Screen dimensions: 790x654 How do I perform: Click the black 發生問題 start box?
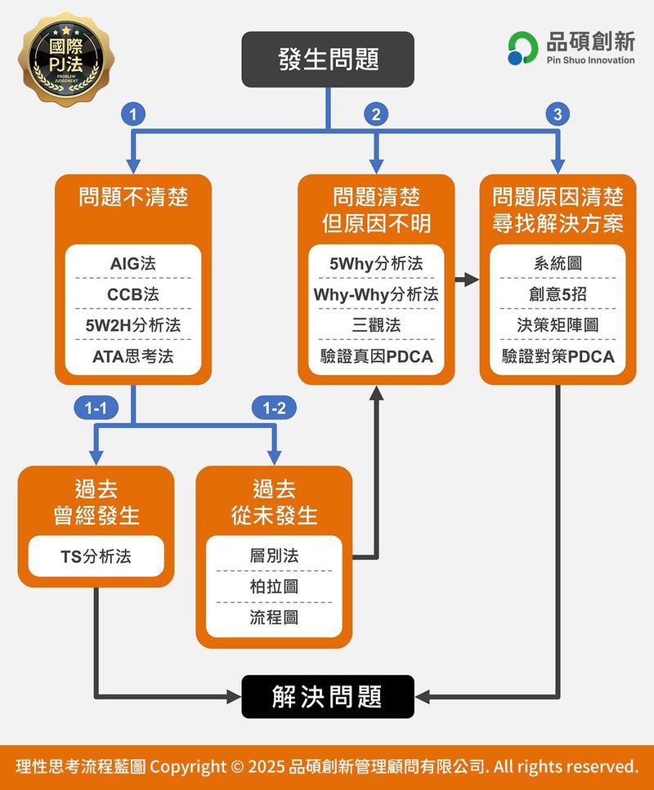click(x=328, y=59)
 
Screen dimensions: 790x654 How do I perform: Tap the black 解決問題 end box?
click(x=328, y=697)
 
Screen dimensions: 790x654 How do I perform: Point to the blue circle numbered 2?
click(x=376, y=115)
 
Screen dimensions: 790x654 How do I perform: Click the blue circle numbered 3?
click(x=558, y=115)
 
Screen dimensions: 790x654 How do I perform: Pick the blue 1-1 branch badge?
click(x=96, y=407)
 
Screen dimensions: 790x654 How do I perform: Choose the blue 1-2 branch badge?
click(x=274, y=407)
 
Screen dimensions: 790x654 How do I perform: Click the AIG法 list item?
click(x=133, y=264)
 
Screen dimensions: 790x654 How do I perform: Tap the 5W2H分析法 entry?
click(x=133, y=325)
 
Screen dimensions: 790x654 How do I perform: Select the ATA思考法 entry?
click(x=133, y=356)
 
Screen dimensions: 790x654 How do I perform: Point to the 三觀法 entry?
click(x=376, y=325)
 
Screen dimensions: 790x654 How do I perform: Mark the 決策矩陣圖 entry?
click(x=558, y=325)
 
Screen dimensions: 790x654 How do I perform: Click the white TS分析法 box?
click(x=96, y=557)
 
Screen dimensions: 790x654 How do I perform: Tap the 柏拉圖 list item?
click(x=274, y=587)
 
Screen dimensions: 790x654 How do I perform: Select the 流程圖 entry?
click(x=274, y=618)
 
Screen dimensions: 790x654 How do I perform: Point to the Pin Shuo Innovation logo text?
click(x=589, y=60)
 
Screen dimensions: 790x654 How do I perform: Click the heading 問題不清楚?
click(x=133, y=198)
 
